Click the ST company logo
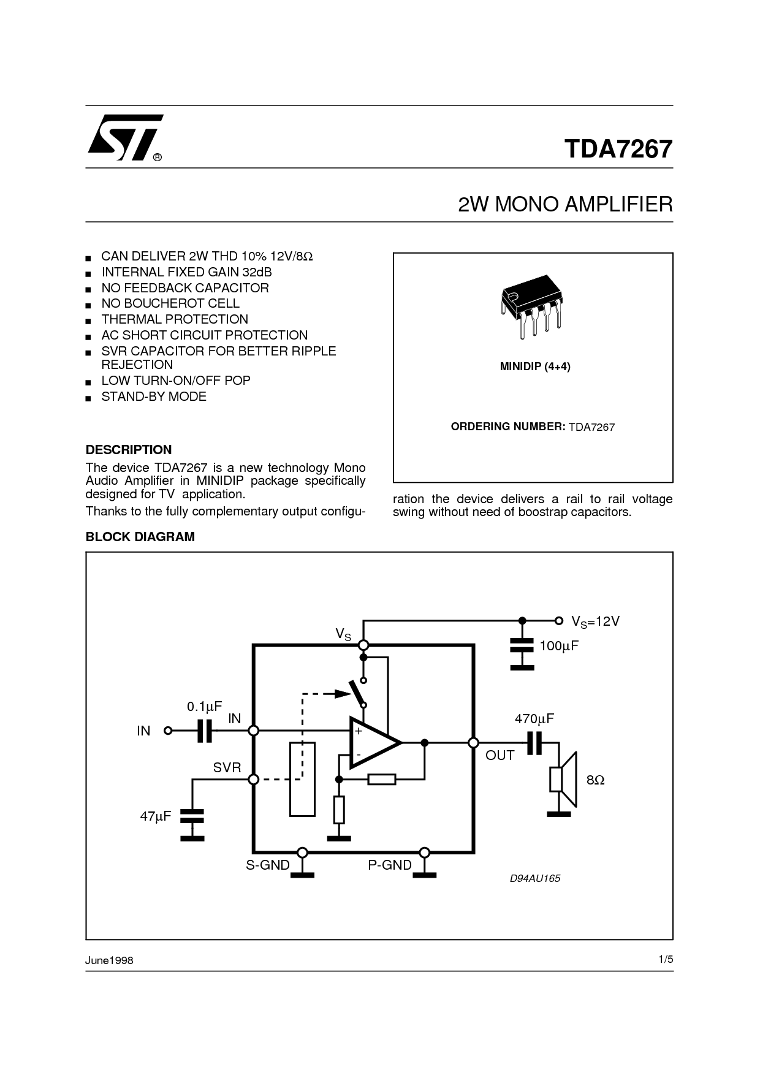124,137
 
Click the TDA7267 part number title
618,149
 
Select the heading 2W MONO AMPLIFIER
565,204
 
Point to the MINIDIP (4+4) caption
535,367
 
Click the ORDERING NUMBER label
507,427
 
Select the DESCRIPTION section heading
129,449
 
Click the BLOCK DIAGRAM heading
140,537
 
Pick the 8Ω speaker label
595,780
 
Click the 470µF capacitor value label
534,719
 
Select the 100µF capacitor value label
559,645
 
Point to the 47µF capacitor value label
156,816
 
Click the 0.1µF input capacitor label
205,707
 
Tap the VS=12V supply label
596,621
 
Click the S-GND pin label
268,865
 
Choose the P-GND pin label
390,865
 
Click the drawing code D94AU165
535,878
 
